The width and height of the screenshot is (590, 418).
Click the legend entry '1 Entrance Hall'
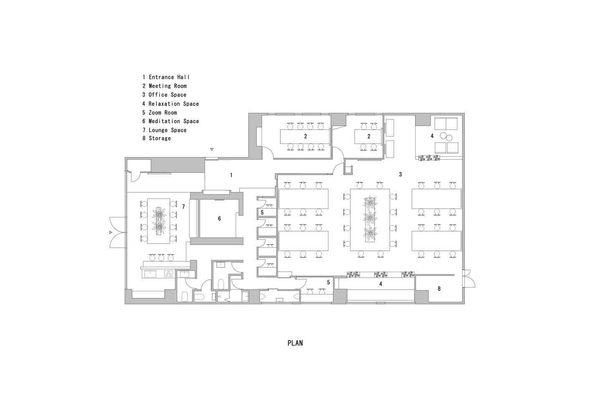point(166,77)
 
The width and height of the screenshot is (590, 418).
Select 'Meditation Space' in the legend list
point(171,121)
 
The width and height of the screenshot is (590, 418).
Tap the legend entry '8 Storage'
point(156,138)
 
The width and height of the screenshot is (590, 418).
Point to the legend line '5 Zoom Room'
point(159,112)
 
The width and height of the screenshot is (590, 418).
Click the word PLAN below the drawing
point(295,343)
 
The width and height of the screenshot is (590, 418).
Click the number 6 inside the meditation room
point(219,219)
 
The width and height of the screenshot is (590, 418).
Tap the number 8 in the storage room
point(439,288)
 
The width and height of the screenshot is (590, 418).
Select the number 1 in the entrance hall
point(231,175)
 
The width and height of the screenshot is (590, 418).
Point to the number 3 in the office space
point(401,174)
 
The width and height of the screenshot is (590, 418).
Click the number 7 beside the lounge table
point(183,206)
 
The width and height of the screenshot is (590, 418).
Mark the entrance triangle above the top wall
point(212,149)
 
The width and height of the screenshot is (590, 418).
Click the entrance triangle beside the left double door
point(111,232)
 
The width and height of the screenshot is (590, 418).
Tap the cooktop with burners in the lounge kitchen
point(169,274)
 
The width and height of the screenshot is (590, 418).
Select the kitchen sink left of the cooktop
point(149,274)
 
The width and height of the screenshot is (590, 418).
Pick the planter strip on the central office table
point(370,220)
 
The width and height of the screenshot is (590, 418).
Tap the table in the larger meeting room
point(305,136)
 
